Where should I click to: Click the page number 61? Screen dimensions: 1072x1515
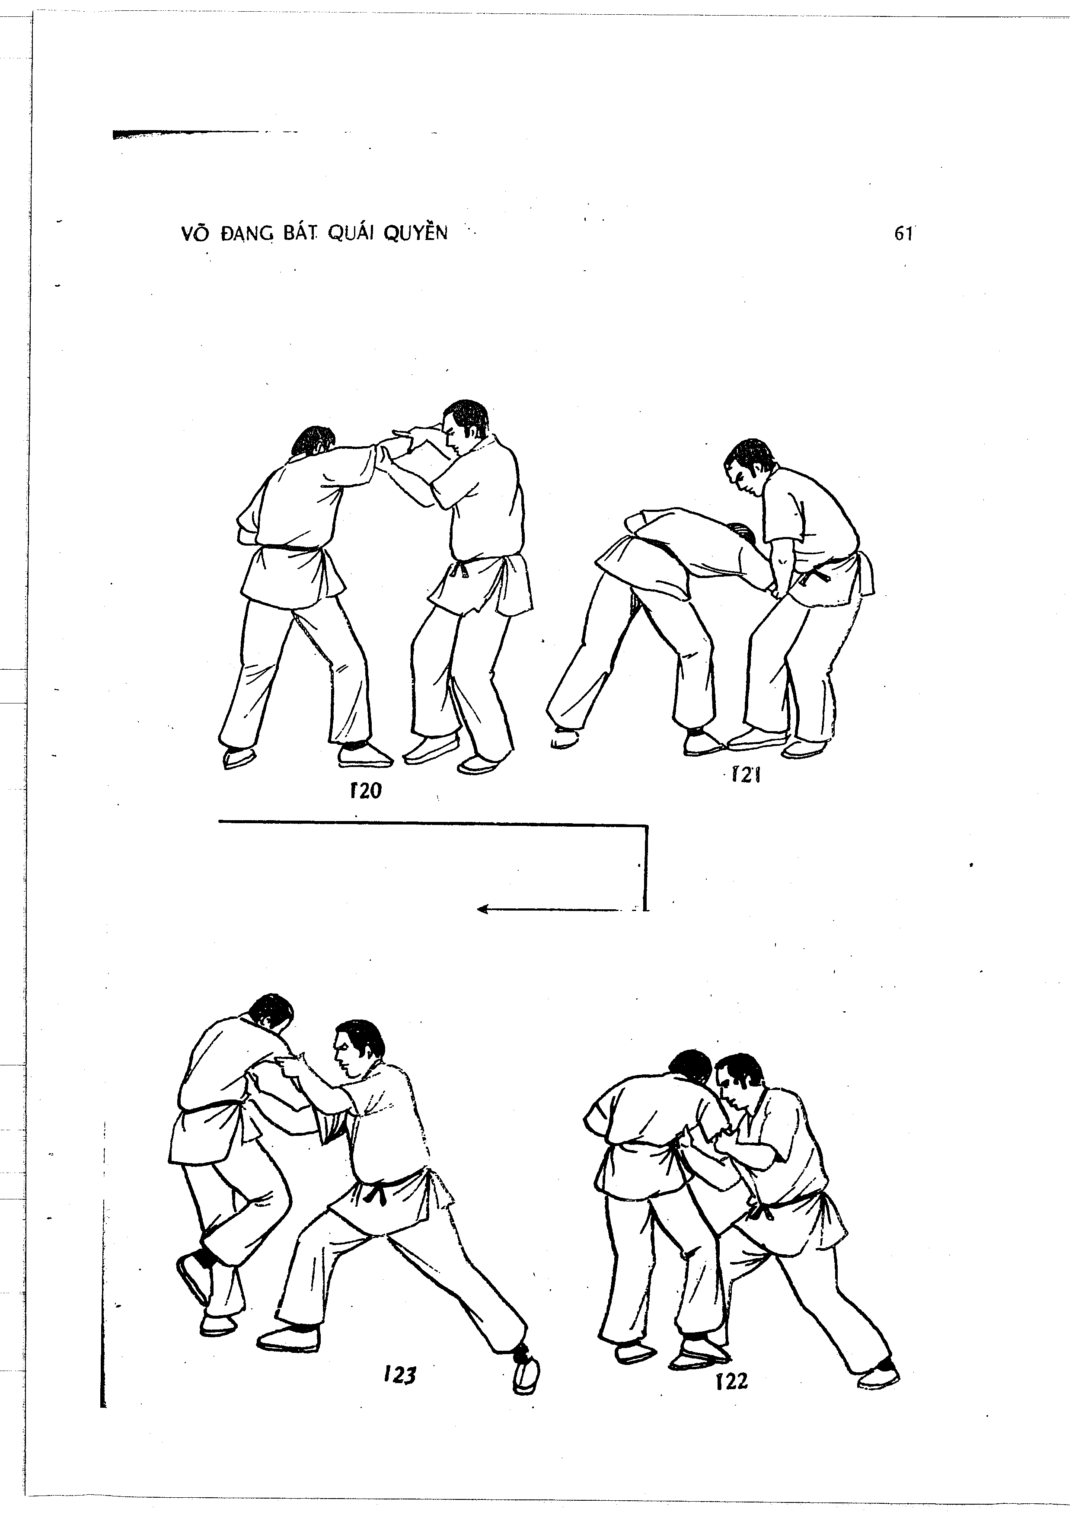(903, 233)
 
